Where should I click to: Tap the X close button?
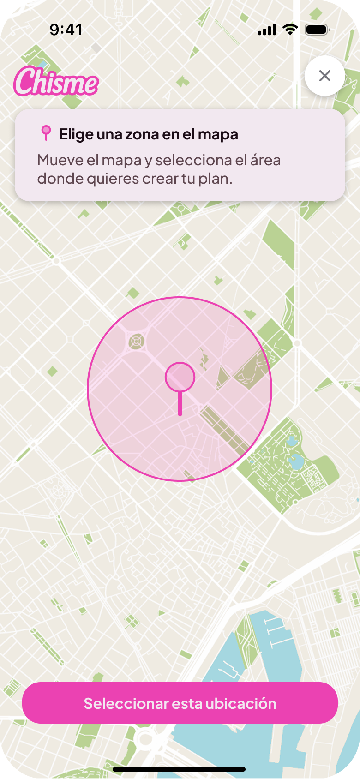click(325, 76)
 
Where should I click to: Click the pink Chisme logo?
click(56, 82)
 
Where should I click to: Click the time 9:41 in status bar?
click(66, 30)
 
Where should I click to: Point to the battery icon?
click(317, 30)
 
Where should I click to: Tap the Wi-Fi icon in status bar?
click(290, 30)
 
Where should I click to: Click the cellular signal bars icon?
click(267, 30)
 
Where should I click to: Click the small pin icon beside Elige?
click(46, 133)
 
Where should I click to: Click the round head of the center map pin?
click(180, 377)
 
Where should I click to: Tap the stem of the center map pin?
click(180, 404)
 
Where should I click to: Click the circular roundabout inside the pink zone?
click(136, 342)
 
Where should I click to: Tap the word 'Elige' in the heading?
click(76, 135)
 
